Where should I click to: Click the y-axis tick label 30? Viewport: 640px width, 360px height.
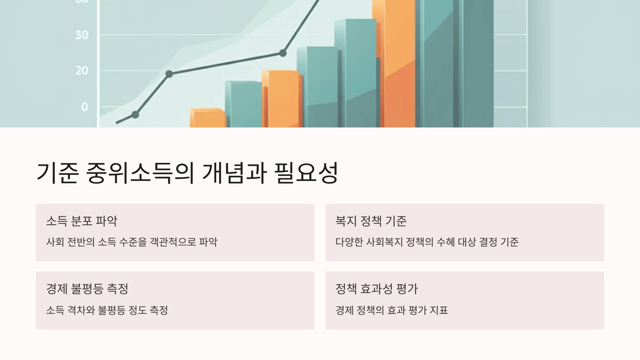tap(82, 35)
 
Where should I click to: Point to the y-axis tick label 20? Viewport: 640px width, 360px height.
tap(82, 71)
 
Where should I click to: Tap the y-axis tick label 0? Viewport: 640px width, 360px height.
tap(85, 107)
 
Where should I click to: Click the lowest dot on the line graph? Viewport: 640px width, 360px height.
tap(135, 115)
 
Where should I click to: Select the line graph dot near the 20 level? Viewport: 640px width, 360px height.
tap(169, 74)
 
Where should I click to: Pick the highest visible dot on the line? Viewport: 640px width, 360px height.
tap(283, 53)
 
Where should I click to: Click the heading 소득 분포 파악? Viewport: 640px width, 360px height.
tap(82, 221)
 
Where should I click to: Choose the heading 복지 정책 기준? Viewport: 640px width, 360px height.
tap(371, 221)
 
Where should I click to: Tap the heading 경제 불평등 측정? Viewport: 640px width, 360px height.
tap(87, 289)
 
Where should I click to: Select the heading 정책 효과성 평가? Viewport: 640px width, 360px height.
tap(377, 289)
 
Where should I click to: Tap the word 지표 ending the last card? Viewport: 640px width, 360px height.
tap(439, 310)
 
